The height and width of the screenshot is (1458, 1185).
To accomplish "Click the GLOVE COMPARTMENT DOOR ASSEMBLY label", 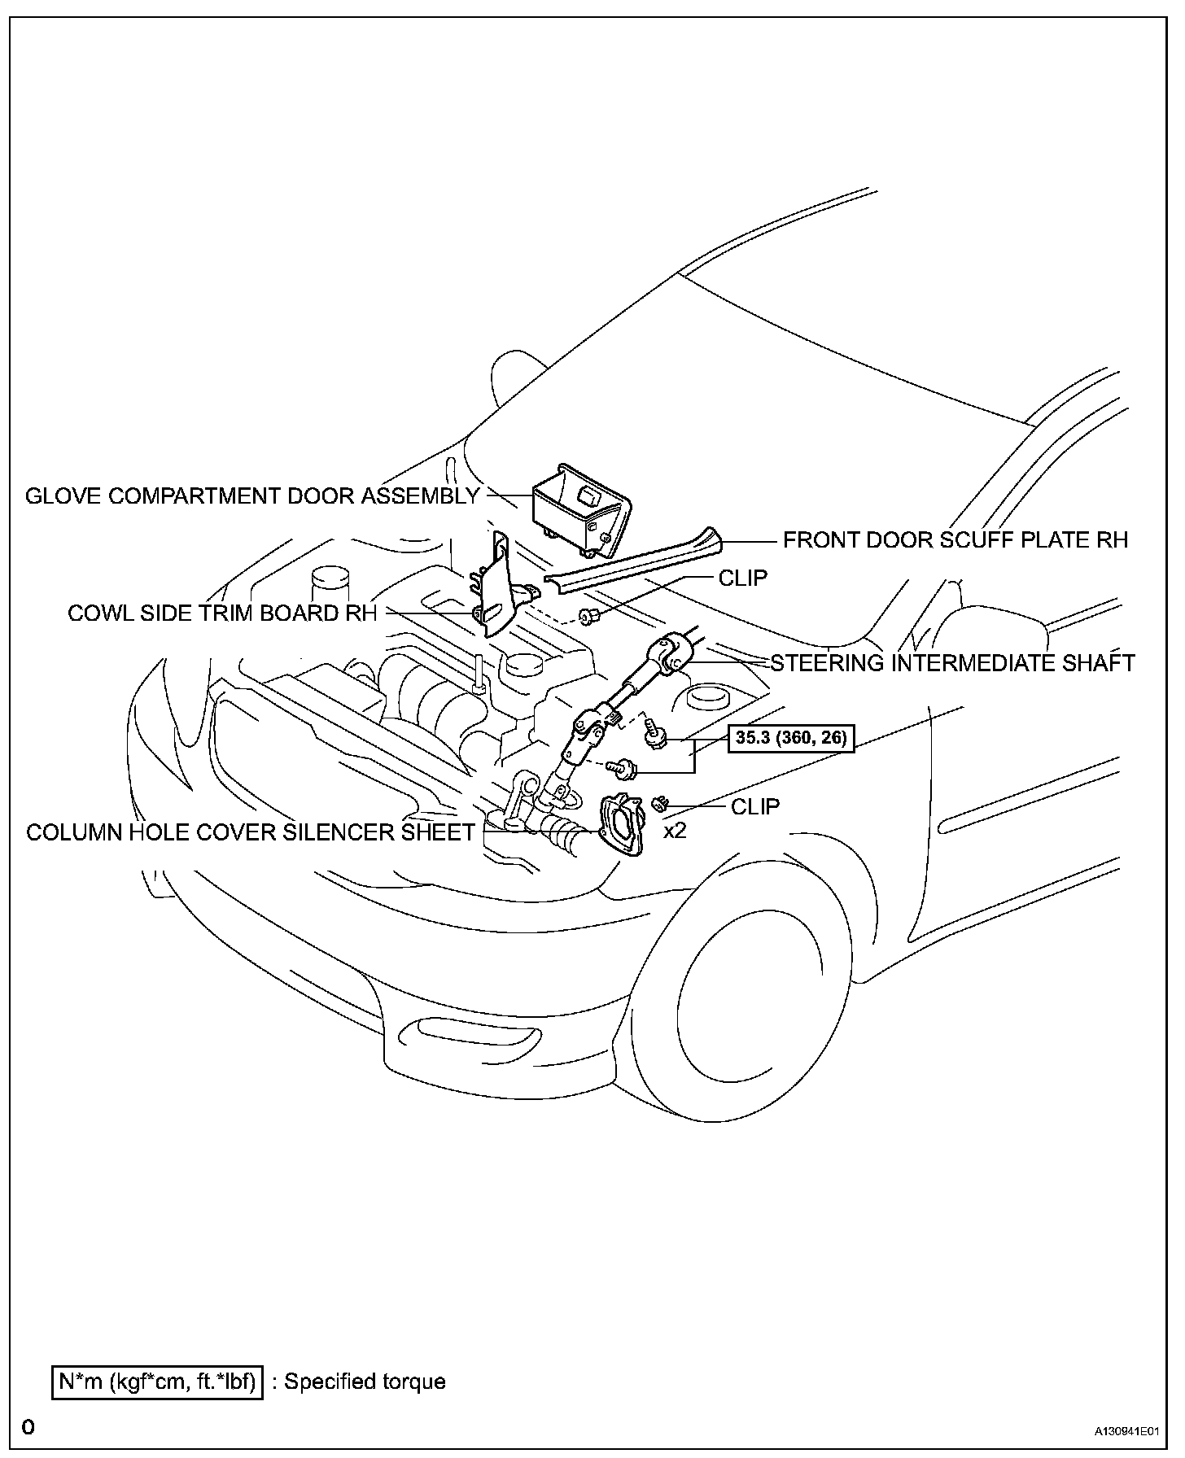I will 252,495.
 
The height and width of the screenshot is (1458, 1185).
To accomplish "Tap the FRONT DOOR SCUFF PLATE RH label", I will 955,539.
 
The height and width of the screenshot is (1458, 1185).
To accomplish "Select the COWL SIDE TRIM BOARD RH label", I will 222,613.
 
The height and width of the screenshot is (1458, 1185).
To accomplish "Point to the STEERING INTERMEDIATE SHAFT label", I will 952,663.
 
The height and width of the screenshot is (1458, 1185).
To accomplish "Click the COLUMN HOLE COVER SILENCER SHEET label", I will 250,832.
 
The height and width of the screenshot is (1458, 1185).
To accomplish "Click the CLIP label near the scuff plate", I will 742,578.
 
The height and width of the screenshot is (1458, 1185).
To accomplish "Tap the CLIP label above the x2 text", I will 754,806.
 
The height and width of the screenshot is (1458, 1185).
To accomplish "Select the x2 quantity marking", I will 676,832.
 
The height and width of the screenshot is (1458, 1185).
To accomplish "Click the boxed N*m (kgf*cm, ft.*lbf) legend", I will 157,1382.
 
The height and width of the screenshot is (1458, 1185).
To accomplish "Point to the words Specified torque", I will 365,1382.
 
